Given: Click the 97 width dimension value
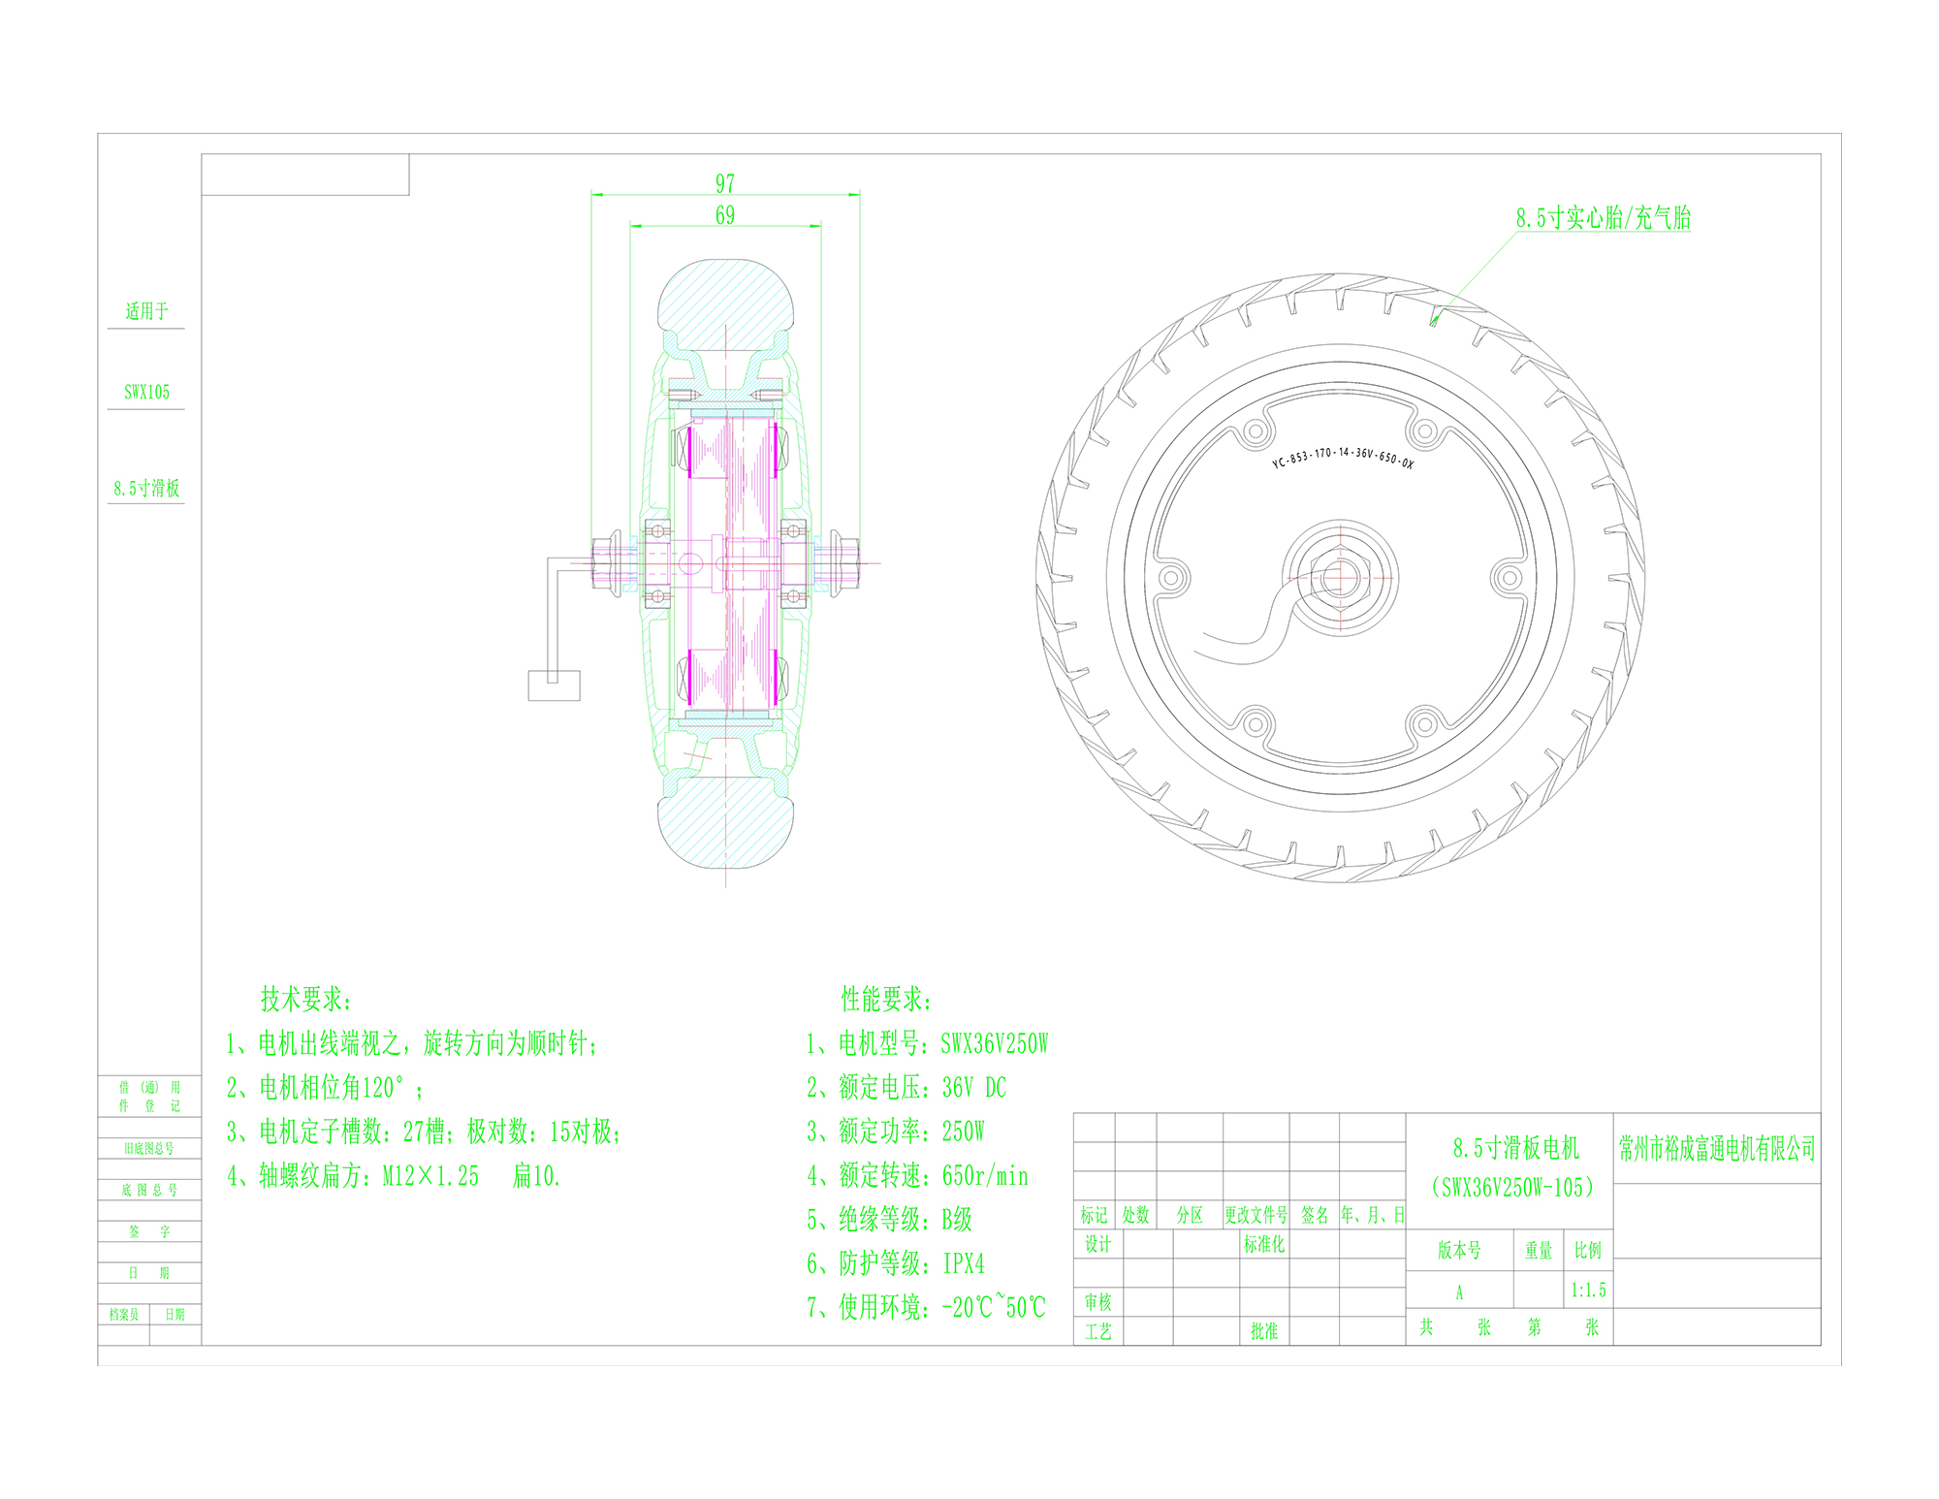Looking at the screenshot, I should click(725, 183).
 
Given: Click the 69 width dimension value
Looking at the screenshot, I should click(725, 215).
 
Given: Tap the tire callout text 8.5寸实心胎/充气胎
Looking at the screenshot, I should click(1604, 218).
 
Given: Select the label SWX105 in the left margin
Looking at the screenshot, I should click(146, 393).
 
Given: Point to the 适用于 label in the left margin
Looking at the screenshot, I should click(146, 311).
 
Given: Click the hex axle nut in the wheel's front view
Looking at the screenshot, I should click(1340, 578).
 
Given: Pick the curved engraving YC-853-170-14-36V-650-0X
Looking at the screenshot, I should click(1343, 457).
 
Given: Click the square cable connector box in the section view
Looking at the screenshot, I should click(554, 686).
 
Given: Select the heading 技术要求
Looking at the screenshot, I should click(306, 999).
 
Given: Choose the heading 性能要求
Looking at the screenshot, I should click(886, 999).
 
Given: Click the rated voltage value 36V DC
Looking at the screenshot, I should click(974, 1088).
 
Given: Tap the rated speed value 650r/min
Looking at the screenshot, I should click(985, 1176).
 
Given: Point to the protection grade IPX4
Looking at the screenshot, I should click(964, 1263).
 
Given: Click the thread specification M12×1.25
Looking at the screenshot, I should click(430, 1176).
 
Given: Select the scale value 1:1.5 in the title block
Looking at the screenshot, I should click(1588, 1291).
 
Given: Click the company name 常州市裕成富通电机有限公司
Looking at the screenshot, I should click(1717, 1149).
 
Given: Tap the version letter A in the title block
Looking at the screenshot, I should click(1459, 1292).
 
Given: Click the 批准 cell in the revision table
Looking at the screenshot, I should click(1264, 1331).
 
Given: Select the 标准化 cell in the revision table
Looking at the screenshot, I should click(1264, 1244).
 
